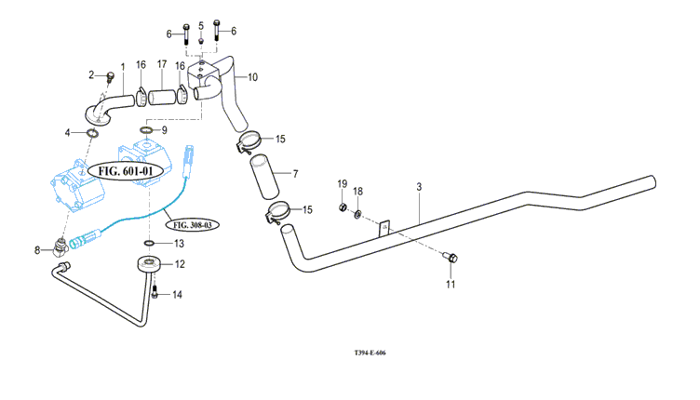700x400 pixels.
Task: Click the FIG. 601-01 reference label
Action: tap(126, 171)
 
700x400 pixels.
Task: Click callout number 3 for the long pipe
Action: tap(419, 188)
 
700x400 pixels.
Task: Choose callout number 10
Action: tap(252, 75)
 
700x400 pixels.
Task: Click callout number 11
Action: tap(450, 284)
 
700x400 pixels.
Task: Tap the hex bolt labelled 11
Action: tap(451, 258)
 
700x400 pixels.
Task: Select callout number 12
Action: tap(180, 264)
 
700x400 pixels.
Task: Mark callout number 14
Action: tap(177, 295)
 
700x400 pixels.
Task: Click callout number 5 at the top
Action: tap(201, 23)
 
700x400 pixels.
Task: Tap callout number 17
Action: tap(161, 64)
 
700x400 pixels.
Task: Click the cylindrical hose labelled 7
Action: tap(263, 176)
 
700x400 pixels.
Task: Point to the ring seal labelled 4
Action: tap(93, 135)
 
